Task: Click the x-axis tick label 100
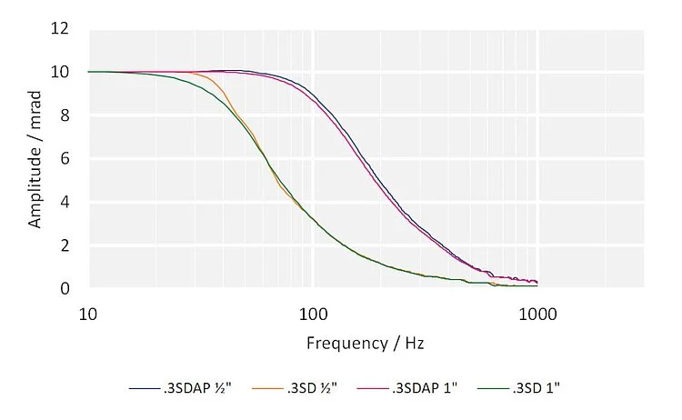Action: tap(313, 313)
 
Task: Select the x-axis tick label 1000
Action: tap(537, 313)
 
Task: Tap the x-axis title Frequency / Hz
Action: tap(365, 345)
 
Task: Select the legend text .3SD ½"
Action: tap(312, 387)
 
